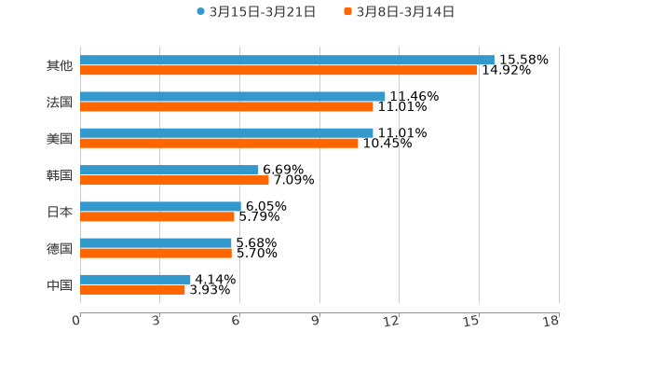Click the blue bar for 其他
coord(287,60)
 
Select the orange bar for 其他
coord(278,70)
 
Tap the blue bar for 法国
coord(233,96)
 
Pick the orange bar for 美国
coord(219,143)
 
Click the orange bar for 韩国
coord(174,180)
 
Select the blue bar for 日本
coord(160,206)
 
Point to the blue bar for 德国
coord(156,242)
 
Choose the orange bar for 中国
coord(132,289)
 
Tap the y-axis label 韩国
coord(60,175)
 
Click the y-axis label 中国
coord(60,284)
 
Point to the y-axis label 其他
coord(60,65)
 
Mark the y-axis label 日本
coord(60,212)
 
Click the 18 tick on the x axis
coord(550,321)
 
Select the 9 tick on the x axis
coord(316,321)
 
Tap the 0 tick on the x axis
coord(76,321)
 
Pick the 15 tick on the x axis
coord(472,321)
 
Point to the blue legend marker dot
coord(200,12)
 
